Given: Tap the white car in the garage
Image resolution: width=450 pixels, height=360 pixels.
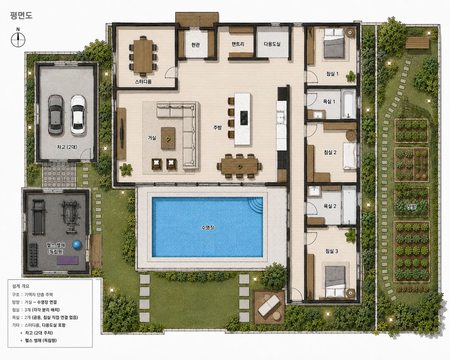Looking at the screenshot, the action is [78, 115].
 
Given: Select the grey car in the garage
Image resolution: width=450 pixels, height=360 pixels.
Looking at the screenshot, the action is [55, 115].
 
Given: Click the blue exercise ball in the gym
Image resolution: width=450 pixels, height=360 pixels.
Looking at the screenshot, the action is [77, 245].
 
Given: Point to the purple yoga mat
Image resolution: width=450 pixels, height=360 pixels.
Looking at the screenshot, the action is [67, 260].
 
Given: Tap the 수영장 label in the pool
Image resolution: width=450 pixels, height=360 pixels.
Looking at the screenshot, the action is [207, 228].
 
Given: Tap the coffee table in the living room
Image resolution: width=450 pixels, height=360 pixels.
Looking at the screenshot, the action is [168, 138].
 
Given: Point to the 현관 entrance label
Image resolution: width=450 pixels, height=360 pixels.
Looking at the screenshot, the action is [195, 45].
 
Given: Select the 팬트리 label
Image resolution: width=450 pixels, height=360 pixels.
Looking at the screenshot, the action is [238, 44].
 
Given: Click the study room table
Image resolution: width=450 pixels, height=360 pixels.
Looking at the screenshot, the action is [143, 55].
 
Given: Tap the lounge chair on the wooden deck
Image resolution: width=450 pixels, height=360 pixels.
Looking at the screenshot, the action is [269, 305].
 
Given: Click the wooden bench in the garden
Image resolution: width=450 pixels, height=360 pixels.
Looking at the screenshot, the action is [417, 42].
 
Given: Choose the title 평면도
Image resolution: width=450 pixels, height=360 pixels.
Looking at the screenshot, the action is [21, 15].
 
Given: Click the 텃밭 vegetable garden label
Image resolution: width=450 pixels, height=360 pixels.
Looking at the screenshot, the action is [411, 206].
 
